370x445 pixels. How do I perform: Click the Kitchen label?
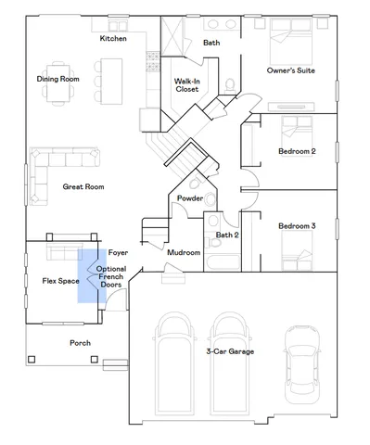(x=114, y=38)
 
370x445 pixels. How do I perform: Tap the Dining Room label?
(x=57, y=79)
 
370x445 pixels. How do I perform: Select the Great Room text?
(x=83, y=186)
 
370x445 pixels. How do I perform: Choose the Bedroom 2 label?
(x=297, y=151)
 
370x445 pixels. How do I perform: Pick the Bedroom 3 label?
(x=297, y=226)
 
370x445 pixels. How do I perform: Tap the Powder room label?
(x=190, y=197)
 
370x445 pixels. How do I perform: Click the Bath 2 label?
(x=227, y=235)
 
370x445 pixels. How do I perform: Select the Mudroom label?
(x=184, y=252)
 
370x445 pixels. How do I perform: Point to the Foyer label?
(x=118, y=252)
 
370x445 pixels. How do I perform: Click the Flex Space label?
(x=60, y=280)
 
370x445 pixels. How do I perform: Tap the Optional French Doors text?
(x=111, y=276)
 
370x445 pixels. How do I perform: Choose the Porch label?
(x=81, y=342)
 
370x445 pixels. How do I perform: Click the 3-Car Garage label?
(x=230, y=351)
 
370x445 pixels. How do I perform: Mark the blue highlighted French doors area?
(x=89, y=276)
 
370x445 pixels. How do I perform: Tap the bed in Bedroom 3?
(x=297, y=248)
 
